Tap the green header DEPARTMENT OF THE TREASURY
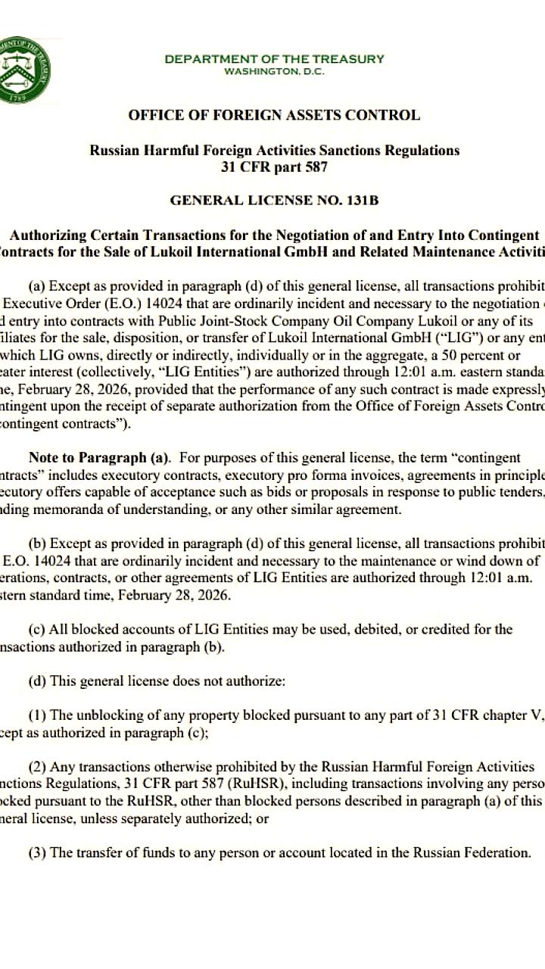point(274,59)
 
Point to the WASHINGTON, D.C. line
point(274,71)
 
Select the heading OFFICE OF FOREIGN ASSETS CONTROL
point(274,116)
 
